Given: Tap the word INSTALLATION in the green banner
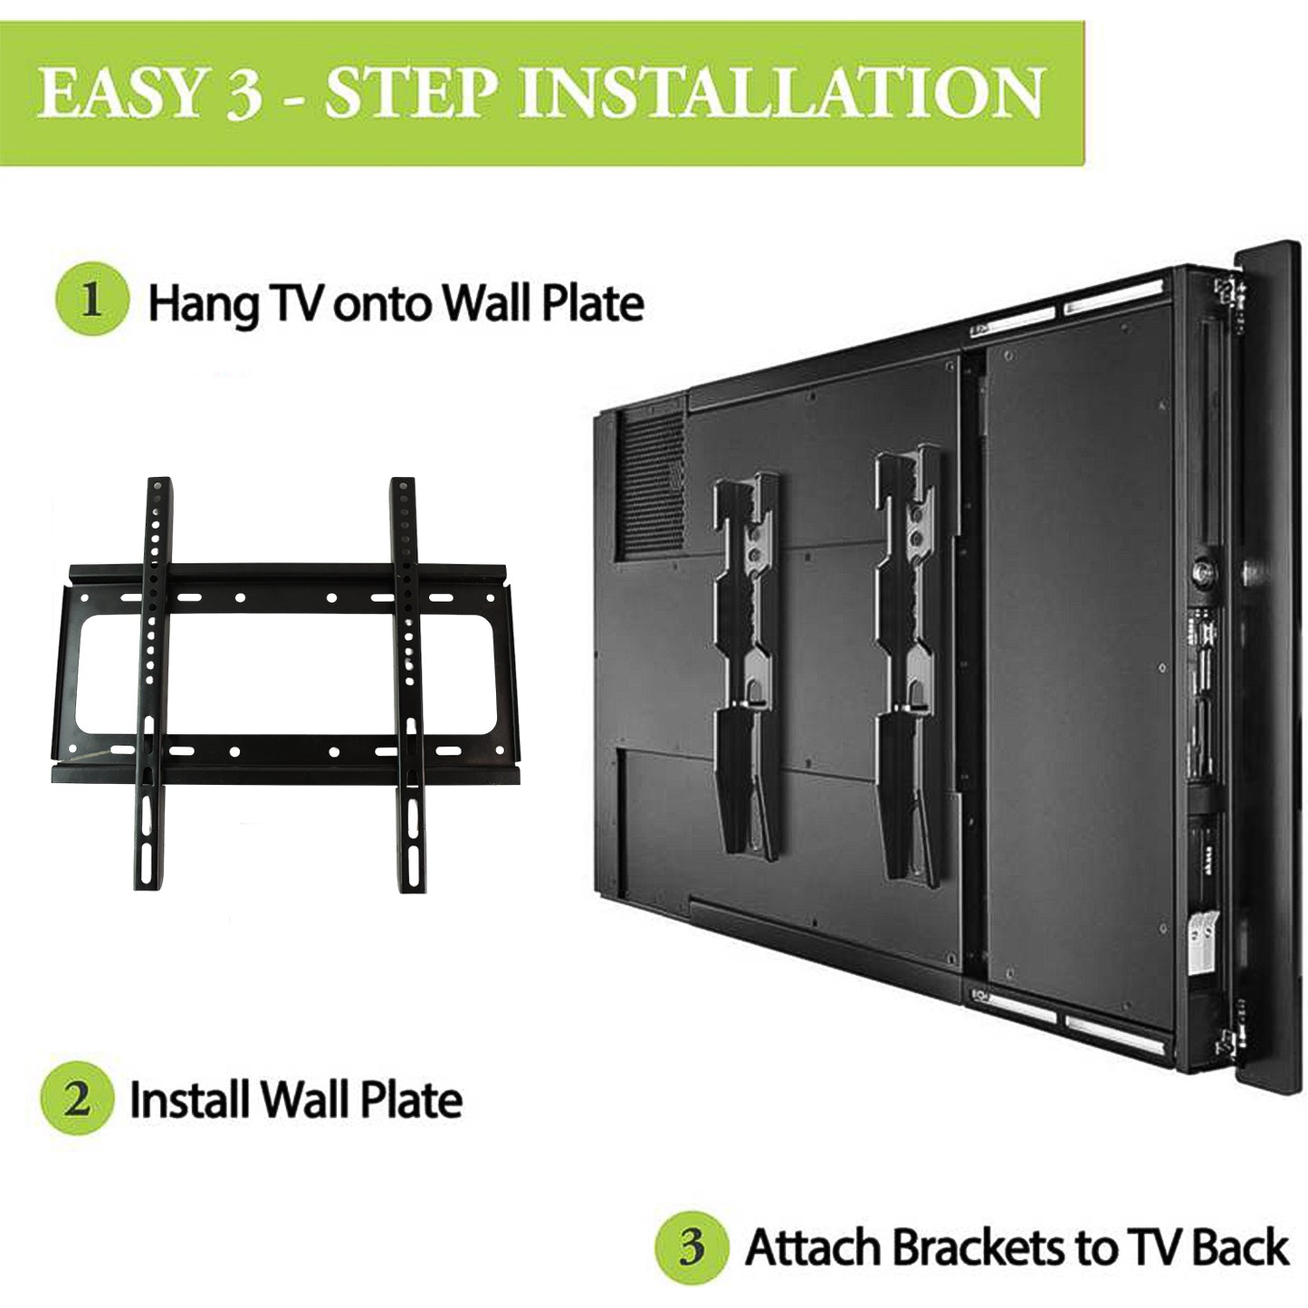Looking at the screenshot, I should click(781, 93).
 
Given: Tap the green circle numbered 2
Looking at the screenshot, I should click(77, 1099).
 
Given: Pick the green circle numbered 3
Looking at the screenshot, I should click(692, 1248).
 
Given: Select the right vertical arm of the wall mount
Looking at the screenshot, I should click(406, 679).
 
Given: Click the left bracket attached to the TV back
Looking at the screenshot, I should click(744, 661).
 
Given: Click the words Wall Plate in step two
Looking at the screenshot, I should click(366, 1101).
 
